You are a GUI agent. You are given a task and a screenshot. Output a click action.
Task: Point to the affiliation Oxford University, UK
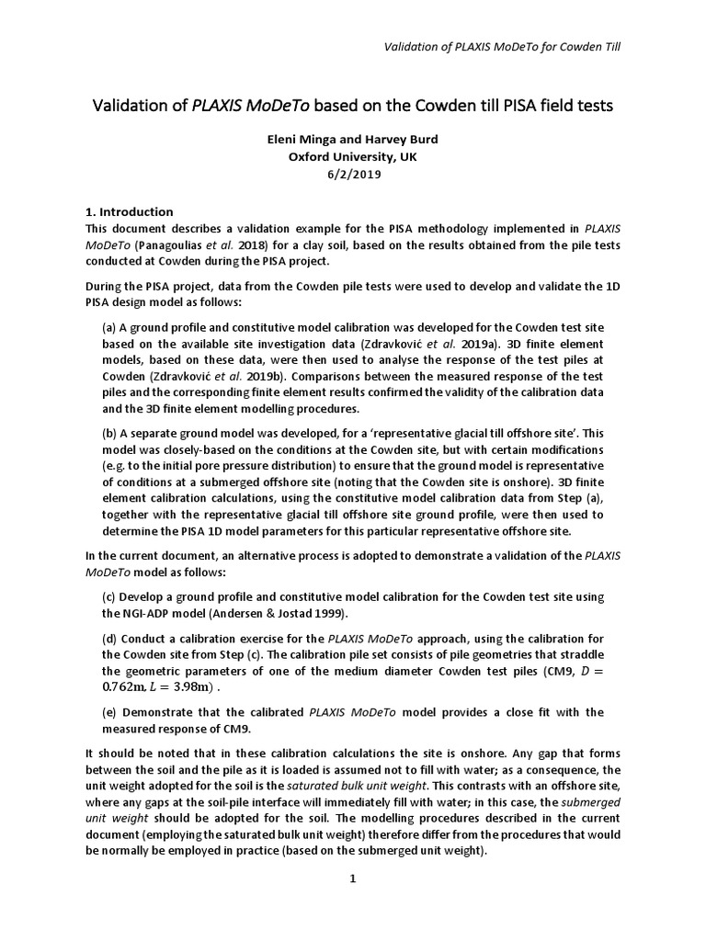click(352, 157)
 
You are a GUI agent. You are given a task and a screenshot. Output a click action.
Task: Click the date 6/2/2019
click(352, 174)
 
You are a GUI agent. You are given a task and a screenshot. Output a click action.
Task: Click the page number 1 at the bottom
click(352, 879)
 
